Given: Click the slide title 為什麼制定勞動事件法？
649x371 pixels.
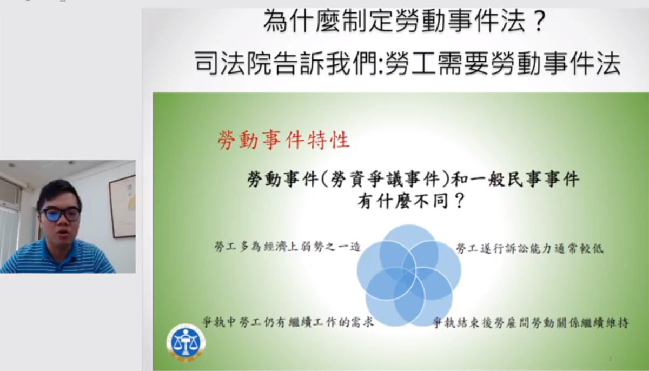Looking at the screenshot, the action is point(405,21).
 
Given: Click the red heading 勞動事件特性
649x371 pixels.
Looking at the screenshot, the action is point(283,141).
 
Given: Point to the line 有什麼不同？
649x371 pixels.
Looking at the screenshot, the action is point(411,201).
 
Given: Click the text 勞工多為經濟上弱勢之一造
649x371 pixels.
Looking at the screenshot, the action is point(287,247).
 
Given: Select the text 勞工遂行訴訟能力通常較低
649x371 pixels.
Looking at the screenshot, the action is point(529,248).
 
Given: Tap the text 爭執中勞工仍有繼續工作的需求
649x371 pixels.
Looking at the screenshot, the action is point(288,322).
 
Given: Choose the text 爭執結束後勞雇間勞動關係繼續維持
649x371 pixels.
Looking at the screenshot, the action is point(531,323).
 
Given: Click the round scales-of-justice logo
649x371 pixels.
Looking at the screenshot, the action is point(186,343).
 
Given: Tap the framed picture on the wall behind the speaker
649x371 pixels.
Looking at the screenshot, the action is point(122,206).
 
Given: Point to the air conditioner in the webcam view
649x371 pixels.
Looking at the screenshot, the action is point(10,191).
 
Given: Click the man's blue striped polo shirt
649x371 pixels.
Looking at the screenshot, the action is point(58,257).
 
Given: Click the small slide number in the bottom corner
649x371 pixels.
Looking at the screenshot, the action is point(610,359).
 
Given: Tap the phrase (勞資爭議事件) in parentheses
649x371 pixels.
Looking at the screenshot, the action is point(385,178).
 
